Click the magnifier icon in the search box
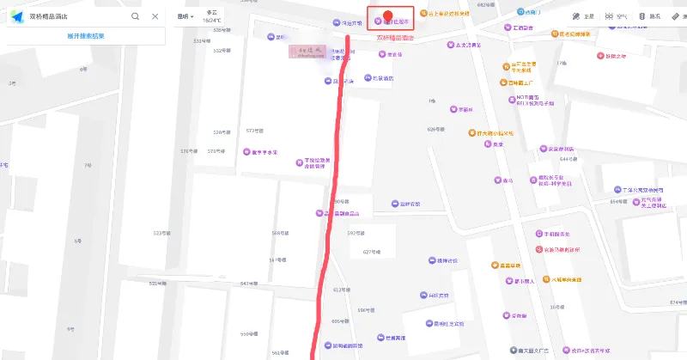coord(136,16)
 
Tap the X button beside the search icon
coord(155,16)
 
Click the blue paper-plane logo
coord(16,16)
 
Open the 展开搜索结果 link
coord(85,36)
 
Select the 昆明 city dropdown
coord(184,16)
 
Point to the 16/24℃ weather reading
coord(212,20)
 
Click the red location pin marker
coord(388,16)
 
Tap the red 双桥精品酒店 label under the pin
coord(396,38)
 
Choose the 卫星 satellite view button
coord(582,16)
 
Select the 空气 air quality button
coord(614,16)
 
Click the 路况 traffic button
coord(649,16)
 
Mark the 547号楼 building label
coord(250,284)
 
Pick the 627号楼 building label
coord(371,252)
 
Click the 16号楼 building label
coord(557,307)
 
